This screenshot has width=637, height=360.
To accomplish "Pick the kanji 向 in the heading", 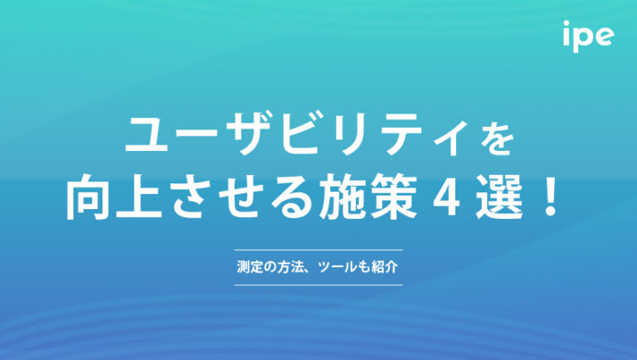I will click(x=87, y=202).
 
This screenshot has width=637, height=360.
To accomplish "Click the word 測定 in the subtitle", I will click(x=246, y=268).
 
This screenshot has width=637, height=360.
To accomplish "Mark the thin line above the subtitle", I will click(x=318, y=250).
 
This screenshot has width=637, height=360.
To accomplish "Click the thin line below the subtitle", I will click(x=318, y=285).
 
